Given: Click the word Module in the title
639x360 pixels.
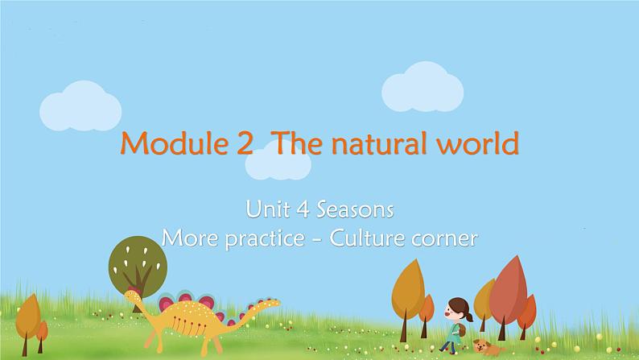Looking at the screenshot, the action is (174, 143).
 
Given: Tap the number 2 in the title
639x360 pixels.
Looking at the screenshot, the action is (244, 143).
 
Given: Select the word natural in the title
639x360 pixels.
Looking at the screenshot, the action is (379, 143).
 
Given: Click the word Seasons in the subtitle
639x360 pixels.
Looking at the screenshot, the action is (355, 209).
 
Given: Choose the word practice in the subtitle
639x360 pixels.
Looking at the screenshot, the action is (265, 239).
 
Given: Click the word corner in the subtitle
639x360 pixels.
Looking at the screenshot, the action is (444, 239).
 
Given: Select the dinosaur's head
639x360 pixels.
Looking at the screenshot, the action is (133, 296).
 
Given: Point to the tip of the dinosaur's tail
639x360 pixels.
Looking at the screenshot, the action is (279, 302).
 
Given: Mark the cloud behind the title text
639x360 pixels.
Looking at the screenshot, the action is (278, 162).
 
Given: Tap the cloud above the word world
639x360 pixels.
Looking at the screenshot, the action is (423, 87).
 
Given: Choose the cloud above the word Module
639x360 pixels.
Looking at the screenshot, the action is (80, 106).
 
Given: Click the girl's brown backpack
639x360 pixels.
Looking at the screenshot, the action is (461, 330).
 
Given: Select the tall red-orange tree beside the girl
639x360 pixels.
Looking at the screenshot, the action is (508, 293).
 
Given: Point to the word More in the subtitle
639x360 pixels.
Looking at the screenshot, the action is (190, 238).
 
